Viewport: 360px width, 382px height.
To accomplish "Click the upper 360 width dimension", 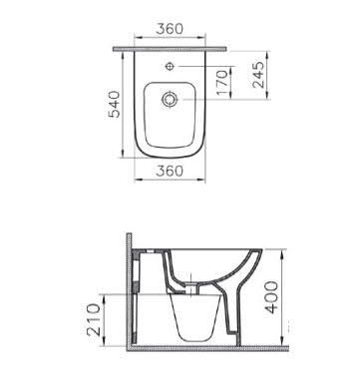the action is [x=170, y=29].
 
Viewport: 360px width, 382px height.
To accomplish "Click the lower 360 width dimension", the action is [x=170, y=171].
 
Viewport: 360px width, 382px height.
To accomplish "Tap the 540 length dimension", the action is [x=115, y=104].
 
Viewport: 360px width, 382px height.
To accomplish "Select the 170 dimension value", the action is [x=222, y=82].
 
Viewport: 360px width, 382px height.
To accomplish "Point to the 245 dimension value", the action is [x=258, y=75].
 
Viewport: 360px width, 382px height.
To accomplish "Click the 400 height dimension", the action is [x=271, y=297].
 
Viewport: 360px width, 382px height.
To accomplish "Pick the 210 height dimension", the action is [x=93, y=319].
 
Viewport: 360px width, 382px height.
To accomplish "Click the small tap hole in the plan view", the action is [x=170, y=66].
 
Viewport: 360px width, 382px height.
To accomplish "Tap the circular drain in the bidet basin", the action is [x=170, y=99].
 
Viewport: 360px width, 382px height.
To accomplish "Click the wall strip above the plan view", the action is [x=170, y=49].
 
